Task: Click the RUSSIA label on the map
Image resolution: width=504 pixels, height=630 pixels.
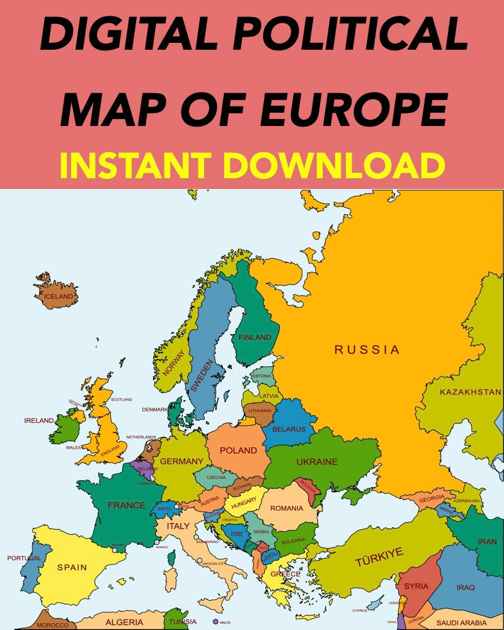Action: pos(367,349)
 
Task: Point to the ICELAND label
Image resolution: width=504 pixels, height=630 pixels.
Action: pos(58,296)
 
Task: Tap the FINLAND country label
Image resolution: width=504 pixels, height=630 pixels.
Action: pos(255,337)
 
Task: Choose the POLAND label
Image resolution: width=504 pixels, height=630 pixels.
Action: pos(238,450)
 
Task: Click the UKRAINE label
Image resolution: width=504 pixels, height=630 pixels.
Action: pos(317,462)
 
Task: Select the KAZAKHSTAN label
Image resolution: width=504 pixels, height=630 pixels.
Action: pos(470,392)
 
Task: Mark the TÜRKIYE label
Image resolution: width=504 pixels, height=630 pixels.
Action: pos(379,556)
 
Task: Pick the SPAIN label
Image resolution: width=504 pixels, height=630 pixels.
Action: pos(72,567)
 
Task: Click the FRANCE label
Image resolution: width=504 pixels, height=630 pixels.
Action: pos(126,505)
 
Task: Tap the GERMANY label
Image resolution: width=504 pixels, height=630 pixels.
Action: pos(181,461)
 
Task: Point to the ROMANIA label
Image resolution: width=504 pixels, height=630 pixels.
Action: pos(287,508)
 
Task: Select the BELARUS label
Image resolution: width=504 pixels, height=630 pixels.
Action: pos(289,429)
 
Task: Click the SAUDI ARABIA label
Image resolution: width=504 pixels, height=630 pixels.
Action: pos(462,623)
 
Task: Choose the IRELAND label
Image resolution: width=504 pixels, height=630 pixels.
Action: pos(39,420)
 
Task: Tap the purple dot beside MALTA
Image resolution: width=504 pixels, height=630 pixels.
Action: pos(216,621)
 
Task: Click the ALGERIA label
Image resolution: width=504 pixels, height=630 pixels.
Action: pos(124,622)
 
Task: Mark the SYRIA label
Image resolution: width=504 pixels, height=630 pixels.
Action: pos(416,586)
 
